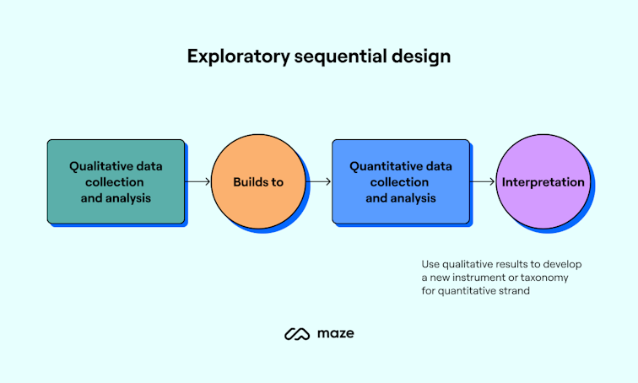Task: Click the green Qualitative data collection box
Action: tap(116, 181)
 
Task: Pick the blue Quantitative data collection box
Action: tap(401, 181)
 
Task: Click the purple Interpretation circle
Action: tap(543, 181)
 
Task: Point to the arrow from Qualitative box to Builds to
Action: tap(197, 181)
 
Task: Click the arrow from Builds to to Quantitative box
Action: tap(319, 181)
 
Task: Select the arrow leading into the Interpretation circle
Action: tap(482, 181)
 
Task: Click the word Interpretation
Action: tap(543, 181)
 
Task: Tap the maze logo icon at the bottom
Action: tap(298, 334)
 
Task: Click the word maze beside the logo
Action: tap(336, 334)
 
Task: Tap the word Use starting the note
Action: tap(430, 264)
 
